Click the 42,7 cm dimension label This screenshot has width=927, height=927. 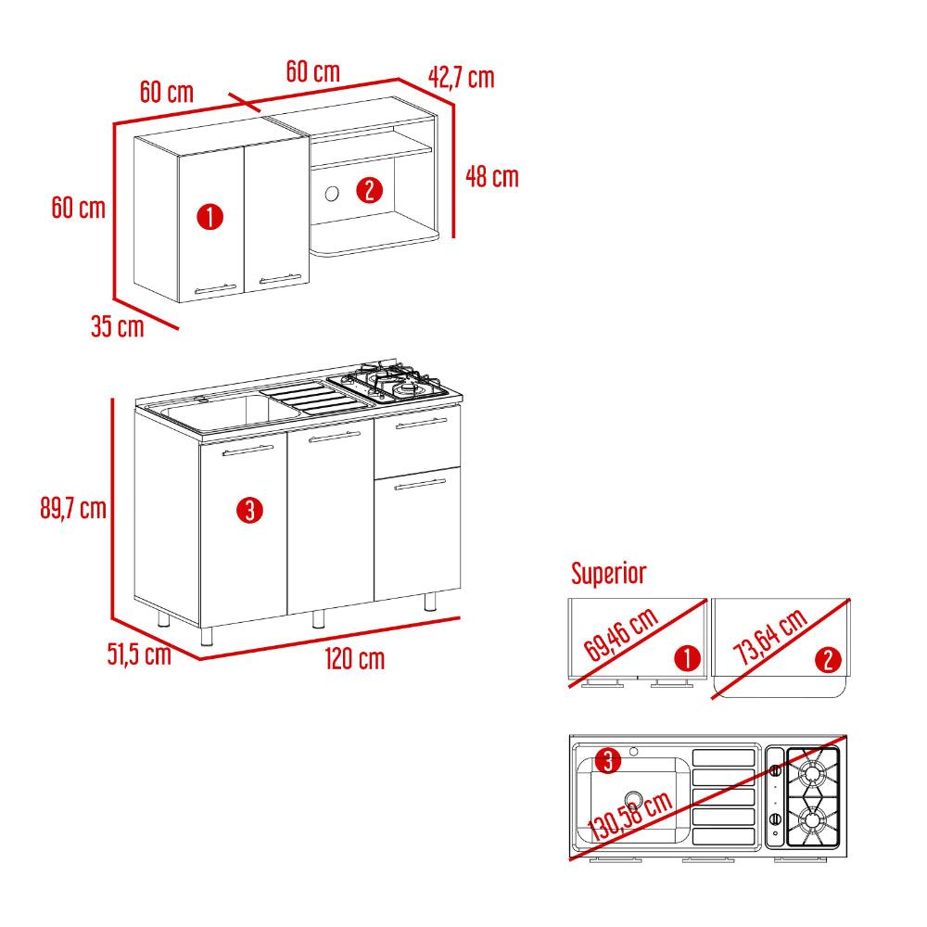click(x=461, y=78)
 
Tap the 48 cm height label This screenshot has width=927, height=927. click(x=492, y=177)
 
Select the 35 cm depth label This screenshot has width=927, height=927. click(x=118, y=326)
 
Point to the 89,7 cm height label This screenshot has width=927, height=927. click(x=73, y=508)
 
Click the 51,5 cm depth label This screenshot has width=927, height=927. click(x=139, y=654)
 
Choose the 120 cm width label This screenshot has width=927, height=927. click(x=355, y=658)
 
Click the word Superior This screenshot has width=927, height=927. click(x=609, y=573)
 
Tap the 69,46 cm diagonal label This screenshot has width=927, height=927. click(x=621, y=634)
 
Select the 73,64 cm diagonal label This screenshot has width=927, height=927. click(x=770, y=636)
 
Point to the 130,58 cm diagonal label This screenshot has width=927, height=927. click(x=630, y=816)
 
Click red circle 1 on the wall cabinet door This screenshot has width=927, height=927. click(x=210, y=217)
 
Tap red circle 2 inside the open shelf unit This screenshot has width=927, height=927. click(x=370, y=190)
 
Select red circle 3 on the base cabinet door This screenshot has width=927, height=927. click(x=249, y=511)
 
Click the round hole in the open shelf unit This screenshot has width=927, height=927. click(x=332, y=194)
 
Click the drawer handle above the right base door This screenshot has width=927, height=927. click(x=422, y=423)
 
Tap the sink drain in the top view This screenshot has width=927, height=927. click(x=633, y=800)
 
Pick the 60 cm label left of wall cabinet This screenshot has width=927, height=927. click(x=79, y=208)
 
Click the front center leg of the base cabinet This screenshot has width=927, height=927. click(x=318, y=619)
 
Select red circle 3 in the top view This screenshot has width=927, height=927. click(x=608, y=760)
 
